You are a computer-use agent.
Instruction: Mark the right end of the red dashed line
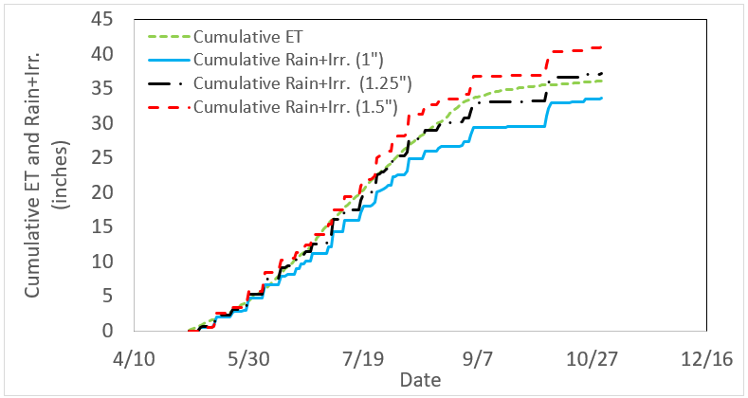[x=603, y=47]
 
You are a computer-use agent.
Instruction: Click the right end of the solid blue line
[x=603, y=98]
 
